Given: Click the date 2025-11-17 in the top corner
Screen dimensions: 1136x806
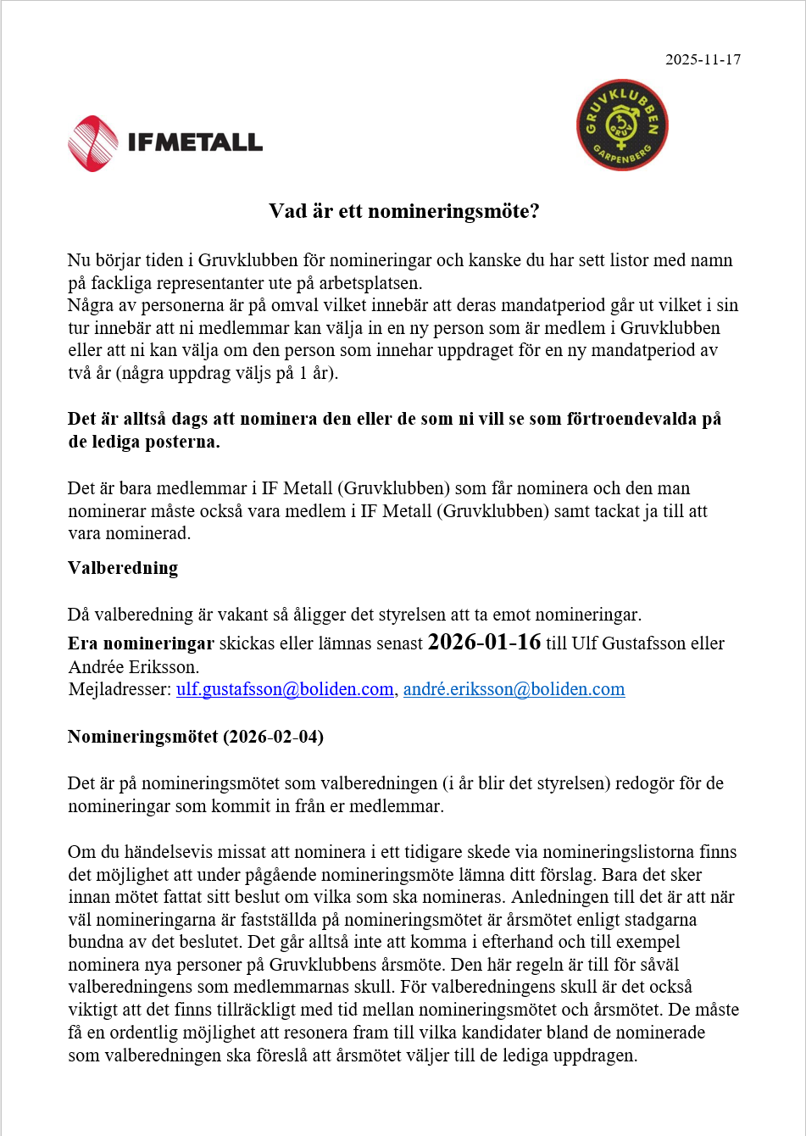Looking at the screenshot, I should [x=703, y=59].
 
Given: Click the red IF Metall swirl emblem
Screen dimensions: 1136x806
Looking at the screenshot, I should [x=93, y=143].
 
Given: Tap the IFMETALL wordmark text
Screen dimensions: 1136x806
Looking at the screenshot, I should [x=195, y=142].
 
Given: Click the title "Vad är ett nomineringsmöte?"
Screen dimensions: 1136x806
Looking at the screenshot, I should [x=403, y=210].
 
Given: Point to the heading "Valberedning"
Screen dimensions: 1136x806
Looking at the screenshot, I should [x=123, y=568].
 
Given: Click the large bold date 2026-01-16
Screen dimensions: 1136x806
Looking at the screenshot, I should [x=484, y=642].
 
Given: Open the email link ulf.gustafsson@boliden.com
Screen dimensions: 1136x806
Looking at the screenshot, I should [x=285, y=689].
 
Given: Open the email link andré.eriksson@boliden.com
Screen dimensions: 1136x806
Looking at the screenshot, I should [x=514, y=689].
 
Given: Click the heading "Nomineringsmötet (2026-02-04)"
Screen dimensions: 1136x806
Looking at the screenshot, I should [x=196, y=737].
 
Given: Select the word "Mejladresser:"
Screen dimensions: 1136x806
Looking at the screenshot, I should [x=120, y=689].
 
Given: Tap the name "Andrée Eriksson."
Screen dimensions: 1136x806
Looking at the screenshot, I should [x=133, y=666].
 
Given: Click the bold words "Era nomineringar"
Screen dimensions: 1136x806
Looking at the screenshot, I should [x=141, y=643].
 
